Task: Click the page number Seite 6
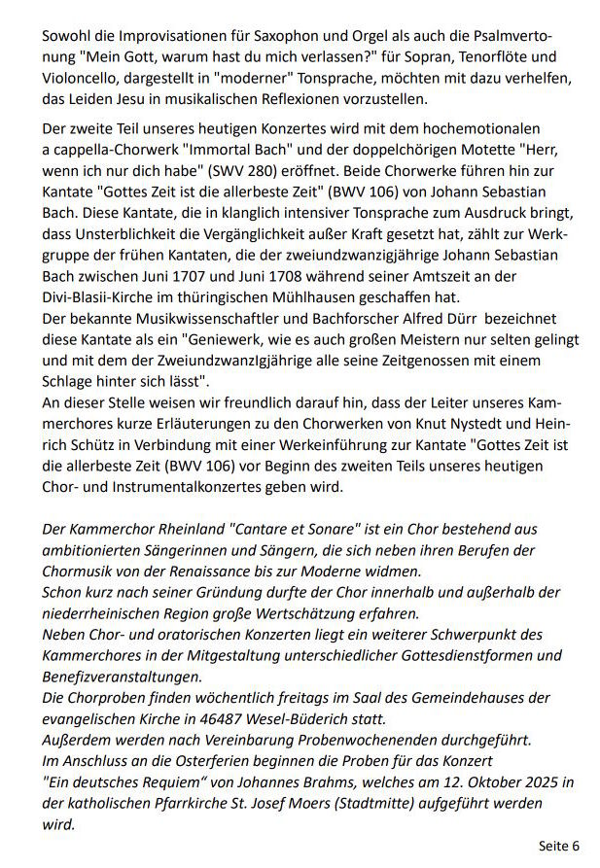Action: click(x=559, y=845)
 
